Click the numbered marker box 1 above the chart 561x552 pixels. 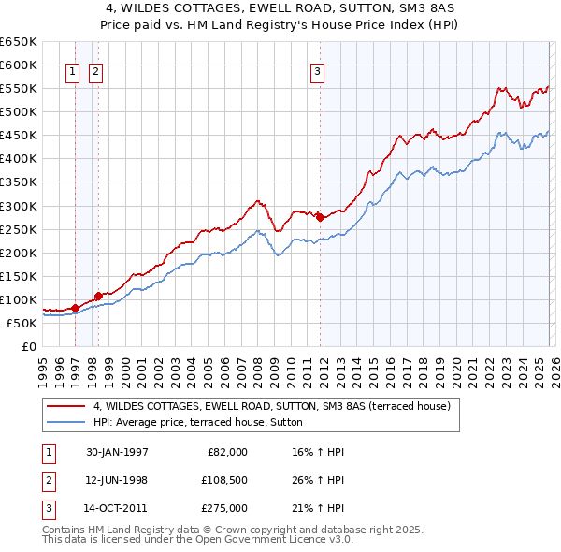point(72,71)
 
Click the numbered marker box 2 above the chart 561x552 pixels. point(95,71)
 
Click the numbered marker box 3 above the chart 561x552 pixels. point(317,71)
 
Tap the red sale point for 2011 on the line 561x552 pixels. point(320,217)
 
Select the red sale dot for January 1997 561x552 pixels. point(76,307)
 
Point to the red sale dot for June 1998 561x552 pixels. point(98,295)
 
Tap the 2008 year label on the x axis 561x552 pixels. point(257,370)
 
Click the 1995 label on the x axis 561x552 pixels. point(42,370)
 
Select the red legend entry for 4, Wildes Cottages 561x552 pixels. point(271,406)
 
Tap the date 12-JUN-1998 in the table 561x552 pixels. point(116,480)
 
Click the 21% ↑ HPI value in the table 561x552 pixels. point(318,508)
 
